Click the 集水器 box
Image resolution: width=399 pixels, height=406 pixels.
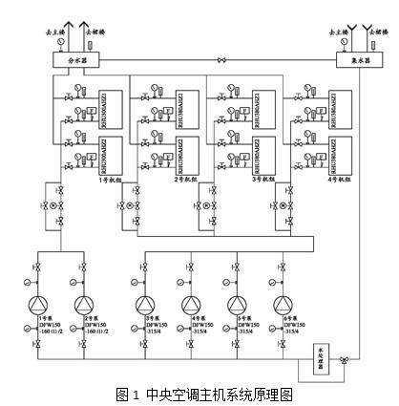[354, 60]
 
